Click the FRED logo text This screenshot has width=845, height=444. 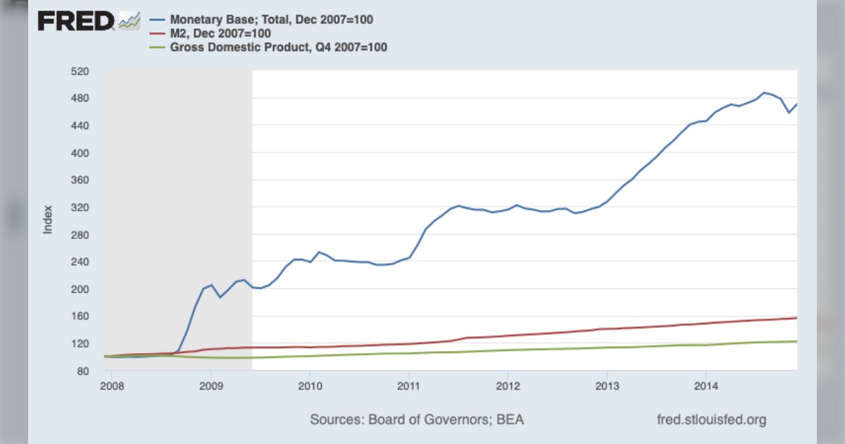pyautogui.click(x=76, y=21)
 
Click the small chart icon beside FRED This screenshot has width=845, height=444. pyautogui.click(x=130, y=21)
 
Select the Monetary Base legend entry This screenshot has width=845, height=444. pyautogui.click(x=271, y=20)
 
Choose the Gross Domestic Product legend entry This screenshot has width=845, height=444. pyautogui.click(x=278, y=47)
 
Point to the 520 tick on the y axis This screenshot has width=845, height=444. pyautogui.click(x=79, y=71)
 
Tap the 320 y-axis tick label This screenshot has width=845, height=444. pyautogui.click(x=79, y=207)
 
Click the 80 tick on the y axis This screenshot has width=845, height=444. pyautogui.click(x=82, y=371)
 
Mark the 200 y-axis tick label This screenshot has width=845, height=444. pyautogui.click(x=79, y=289)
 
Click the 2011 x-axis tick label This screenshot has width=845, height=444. pyautogui.click(x=409, y=386)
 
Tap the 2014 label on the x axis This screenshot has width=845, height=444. pyautogui.click(x=706, y=386)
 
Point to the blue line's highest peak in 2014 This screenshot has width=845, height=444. pyautogui.click(x=764, y=92)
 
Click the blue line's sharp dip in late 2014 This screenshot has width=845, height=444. pyautogui.click(x=789, y=113)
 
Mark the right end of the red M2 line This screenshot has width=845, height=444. pyautogui.click(x=796, y=318)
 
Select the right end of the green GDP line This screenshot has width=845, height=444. pyautogui.click(x=796, y=341)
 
